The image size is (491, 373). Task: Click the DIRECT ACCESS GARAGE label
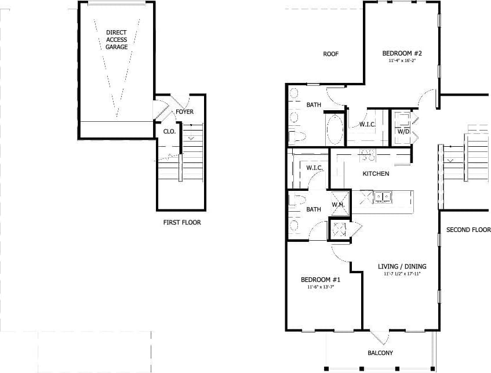click(117, 39)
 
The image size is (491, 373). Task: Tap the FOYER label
click(185, 112)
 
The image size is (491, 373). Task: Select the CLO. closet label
click(169, 132)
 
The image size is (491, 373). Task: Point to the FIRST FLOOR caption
click(182, 222)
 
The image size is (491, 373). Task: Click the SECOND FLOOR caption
click(468, 230)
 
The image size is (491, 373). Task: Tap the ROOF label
click(330, 54)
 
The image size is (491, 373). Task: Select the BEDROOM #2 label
click(402, 53)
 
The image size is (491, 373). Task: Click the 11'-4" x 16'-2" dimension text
click(402, 60)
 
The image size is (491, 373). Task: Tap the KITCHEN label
click(376, 173)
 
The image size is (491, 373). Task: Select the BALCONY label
click(380, 353)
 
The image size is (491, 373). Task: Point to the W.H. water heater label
click(339, 205)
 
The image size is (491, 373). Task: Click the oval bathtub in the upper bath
click(334, 130)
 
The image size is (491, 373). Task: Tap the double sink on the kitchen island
click(381, 197)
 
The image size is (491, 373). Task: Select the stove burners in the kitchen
click(368, 154)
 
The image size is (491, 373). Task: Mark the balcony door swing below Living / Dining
click(380, 337)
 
